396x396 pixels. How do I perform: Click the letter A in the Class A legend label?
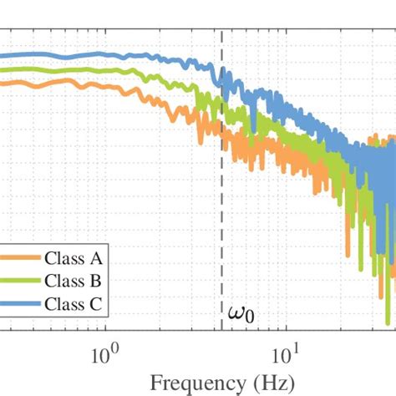tap(95, 258)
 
